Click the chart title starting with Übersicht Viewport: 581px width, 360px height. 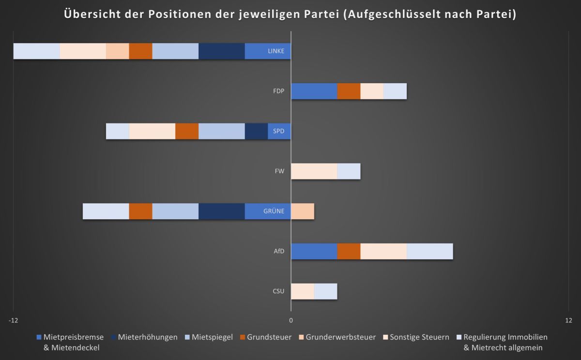[290, 15]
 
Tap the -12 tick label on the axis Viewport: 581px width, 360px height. [13, 320]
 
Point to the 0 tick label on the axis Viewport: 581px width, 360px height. [291, 320]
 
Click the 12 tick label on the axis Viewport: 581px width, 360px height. [568, 320]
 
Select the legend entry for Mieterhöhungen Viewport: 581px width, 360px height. [147, 337]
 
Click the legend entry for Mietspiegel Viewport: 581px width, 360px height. [212, 337]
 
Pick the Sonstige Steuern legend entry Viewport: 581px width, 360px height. [419, 337]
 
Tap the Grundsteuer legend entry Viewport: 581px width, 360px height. [269, 337]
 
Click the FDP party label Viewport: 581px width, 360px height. [278, 91]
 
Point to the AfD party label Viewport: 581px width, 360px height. [279, 251]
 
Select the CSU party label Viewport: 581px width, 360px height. [278, 291]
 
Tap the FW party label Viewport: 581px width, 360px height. [280, 171]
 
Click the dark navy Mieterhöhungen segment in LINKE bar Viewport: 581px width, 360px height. [221, 51]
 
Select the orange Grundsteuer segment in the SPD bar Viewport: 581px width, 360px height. [187, 131]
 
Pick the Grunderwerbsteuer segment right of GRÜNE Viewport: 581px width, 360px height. [303, 211]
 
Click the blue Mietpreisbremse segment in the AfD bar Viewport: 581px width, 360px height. [314, 251]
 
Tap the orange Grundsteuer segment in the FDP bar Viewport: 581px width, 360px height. [349, 91]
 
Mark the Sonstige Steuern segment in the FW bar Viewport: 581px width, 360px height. [314, 171]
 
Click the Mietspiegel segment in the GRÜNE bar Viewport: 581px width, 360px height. [175, 211]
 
